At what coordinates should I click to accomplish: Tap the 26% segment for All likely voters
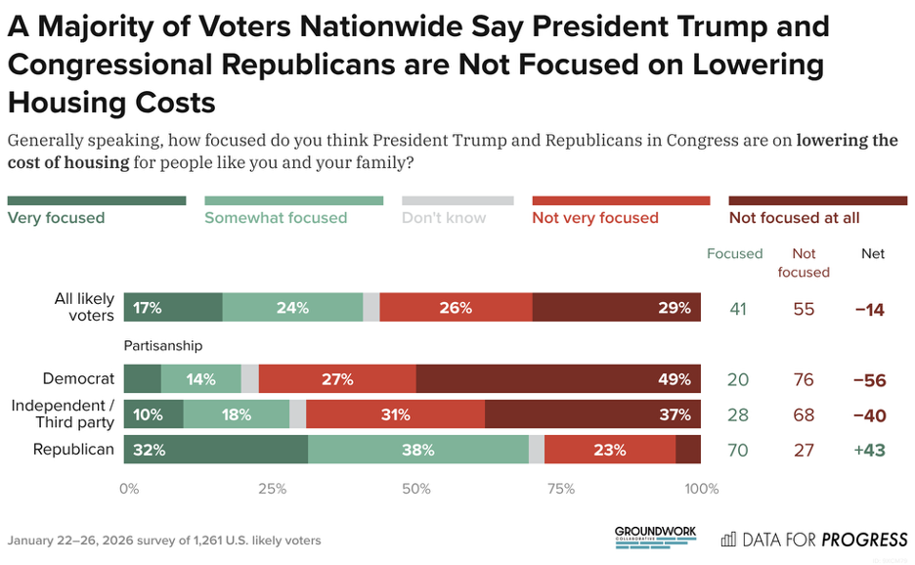coord(457,307)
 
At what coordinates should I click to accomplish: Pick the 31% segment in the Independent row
coord(395,414)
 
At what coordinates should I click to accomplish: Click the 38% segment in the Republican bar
coord(418,450)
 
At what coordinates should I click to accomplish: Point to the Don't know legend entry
coord(444,218)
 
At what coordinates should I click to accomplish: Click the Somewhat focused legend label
coord(276,218)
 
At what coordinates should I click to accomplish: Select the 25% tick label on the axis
coord(272,489)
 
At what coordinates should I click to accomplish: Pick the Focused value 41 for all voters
coord(738,308)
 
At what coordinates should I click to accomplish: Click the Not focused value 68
coord(804,415)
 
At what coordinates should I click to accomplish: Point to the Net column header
coord(872,253)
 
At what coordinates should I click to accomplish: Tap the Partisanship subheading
coord(162,345)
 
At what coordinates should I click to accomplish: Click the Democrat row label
coord(78,378)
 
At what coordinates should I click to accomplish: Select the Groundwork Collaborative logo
coord(656,536)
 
